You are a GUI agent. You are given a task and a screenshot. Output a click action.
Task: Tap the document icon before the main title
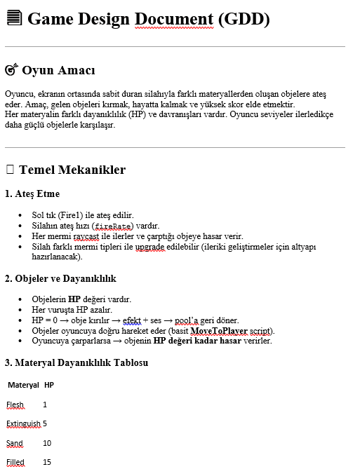pyautogui.click(x=13, y=19)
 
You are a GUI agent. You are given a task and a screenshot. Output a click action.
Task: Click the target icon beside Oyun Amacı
pyautogui.click(x=11, y=70)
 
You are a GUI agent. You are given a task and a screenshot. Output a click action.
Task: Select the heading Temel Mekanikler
pyautogui.click(x=72, y=170)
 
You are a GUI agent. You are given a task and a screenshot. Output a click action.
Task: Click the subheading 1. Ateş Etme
pyautogui.click(x=32, y=193)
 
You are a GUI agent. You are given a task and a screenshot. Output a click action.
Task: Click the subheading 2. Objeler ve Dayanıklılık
pyautogui.click(x=61, y=278)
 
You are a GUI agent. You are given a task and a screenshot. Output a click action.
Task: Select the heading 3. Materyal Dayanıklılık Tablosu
pyautogui.click(x=76, y=362)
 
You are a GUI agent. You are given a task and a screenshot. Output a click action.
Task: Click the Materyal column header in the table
pyautogui.click(x=23, y=386)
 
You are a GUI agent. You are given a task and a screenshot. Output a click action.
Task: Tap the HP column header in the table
pyautogui.click(x=49, y=386)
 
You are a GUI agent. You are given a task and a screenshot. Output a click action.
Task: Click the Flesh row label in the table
pyautogui.click(x=15, y=405)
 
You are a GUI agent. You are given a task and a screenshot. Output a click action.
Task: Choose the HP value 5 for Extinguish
pyautogui.click(x=45, y=424)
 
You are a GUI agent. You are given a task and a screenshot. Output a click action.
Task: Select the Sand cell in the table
pyautogui.click(x=15, y=443)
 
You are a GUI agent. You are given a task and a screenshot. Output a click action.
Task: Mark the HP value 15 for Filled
pyautogui.click(x=47, y=462)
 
